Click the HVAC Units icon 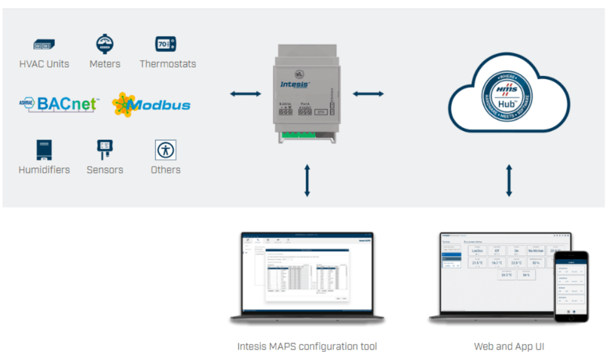point(44,45)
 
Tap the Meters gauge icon point(105,44)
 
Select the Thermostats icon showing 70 point(166,44)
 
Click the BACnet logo point(59,104)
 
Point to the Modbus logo point(152,105)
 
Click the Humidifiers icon point(44,150)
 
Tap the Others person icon point(165,150)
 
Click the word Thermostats point(168,64)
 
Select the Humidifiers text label point(44,169)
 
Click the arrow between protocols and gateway point(245,93)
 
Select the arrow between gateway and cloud point(368,93)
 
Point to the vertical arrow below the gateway point(307,181)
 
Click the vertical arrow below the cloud point(509,181)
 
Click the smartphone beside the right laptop point(570,286)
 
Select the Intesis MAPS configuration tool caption point(307,346)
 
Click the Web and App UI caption point(509,346)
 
